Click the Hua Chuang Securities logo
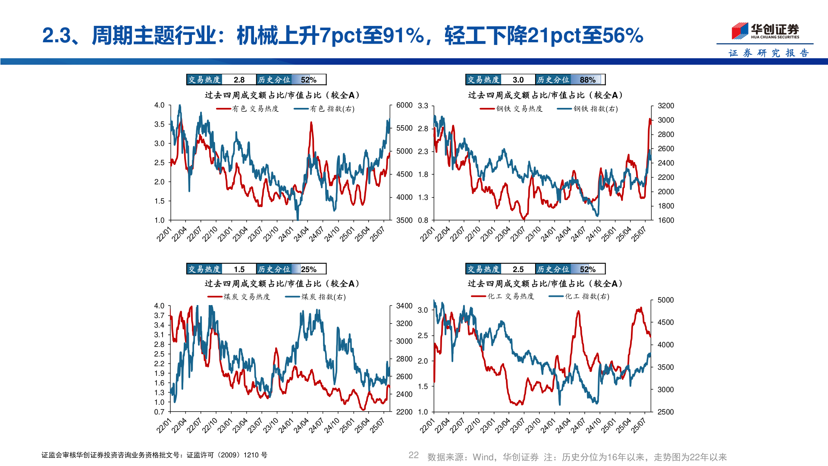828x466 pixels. [x=765, y=31]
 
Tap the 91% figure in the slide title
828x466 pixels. [x=404, y=35]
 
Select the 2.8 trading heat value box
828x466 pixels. [x=239, y=80]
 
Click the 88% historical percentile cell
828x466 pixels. [x=587, y=80]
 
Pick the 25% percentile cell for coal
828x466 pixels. [x=308, y=269]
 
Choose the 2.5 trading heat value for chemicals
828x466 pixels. [x=518, y=269]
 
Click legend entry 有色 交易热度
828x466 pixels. [x=248, y=109]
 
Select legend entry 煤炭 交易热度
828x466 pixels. [x=239, y=297]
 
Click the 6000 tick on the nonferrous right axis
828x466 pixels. [x=404, y=105]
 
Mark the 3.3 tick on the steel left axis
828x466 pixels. [x=423, y=106]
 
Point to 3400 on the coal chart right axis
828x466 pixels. [x=404, y=306]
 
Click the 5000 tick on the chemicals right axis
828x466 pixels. [x=665, y=300]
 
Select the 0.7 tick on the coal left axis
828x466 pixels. [x=159, y=412]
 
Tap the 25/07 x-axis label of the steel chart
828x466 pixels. [x=639, y=234]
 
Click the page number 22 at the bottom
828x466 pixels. [x=414, y=455]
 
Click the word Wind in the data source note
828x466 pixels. [x=483, y=457]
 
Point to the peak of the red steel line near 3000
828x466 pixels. [x=650, y=119]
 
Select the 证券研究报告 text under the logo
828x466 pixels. [x=768, y=53]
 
